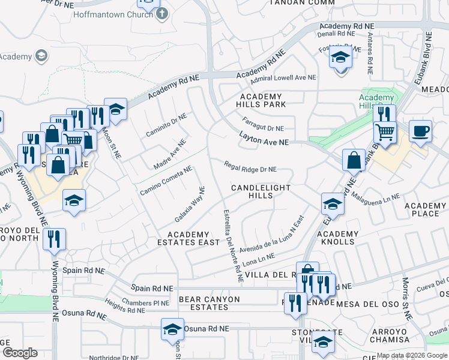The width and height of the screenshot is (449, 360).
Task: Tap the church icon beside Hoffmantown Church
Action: click(x=161, y=14)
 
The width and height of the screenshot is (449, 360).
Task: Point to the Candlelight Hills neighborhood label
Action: click(x=261, y=192)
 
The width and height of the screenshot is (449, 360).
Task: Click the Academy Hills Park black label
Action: click(x=261, y=100)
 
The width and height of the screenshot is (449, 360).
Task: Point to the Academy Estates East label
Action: click(x=193, y=238)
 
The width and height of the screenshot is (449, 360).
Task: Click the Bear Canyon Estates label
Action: click(x=209, y=303)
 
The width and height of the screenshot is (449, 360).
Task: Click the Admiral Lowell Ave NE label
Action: click(x=283, y=78)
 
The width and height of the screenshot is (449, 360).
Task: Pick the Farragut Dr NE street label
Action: click(x=264, y=127)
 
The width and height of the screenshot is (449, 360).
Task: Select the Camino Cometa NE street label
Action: click(x=166, y=180)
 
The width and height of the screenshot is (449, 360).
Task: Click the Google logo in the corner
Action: click(x=20, y=352)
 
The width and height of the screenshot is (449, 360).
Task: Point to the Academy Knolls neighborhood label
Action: click(x=337, y=238)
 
